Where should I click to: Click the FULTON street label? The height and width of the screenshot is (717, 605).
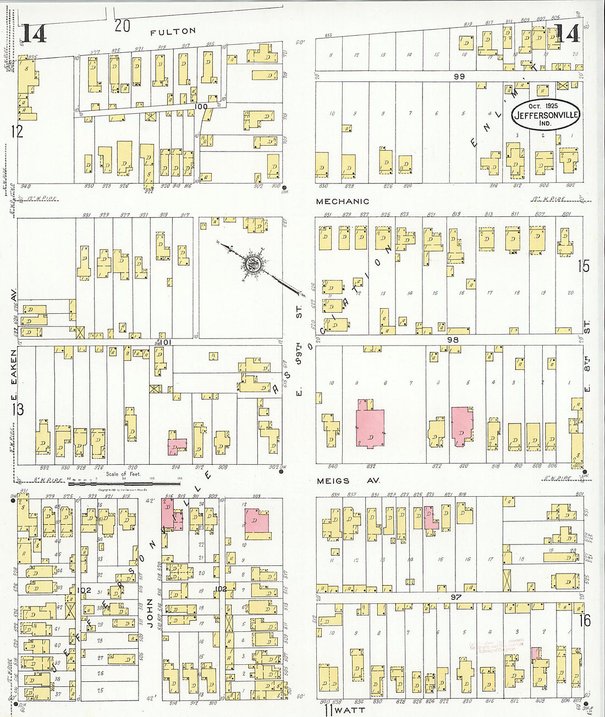[x=173, y=32]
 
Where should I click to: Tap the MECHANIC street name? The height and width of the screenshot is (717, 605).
[x=342, y=202]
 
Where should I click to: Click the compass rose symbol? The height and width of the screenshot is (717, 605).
[x=253, y=263]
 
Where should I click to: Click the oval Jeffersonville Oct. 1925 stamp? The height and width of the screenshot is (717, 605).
[x=545, y=115]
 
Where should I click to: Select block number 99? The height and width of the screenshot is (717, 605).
[x=459, y=76]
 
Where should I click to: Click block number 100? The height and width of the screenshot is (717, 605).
[x=201, y=106]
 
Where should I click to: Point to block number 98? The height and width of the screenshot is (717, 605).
[x=452, y=340]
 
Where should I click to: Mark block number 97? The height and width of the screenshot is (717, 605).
[x=455, y=597]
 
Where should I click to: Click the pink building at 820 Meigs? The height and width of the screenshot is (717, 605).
[x=461, y=426]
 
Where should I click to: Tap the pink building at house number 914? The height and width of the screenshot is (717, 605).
[x=177, y=447]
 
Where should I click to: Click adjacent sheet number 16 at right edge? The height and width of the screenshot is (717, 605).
[x=584, y=620]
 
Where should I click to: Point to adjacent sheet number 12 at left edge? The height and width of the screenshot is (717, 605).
[x=17, y=131]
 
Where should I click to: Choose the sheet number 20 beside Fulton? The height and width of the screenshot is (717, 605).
[x=122, y=25]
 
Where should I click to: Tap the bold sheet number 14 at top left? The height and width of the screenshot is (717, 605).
[x=34, y=34]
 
